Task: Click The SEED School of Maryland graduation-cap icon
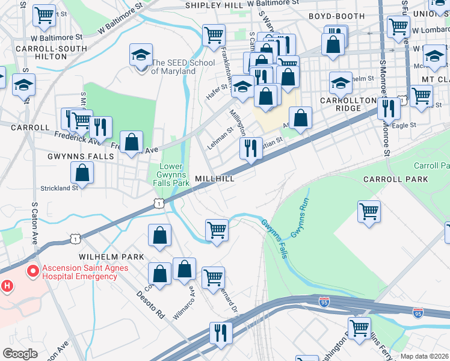pyautogui.click(x=141, y=56)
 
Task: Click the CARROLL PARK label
pyautogui.click(x=395, y=179)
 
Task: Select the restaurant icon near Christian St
pyautogui.click(x=251, y=148)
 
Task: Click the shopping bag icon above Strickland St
pyautogui.click(x=82, y=173)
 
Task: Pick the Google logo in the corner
pyautogui.click(x=20, y=354)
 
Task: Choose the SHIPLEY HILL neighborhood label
pyautogui.click(x=214, y=5)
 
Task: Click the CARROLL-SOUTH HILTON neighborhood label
pyautogui.click(x=42, y=52)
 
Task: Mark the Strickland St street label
pyautogui.click(x=59, y=188)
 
